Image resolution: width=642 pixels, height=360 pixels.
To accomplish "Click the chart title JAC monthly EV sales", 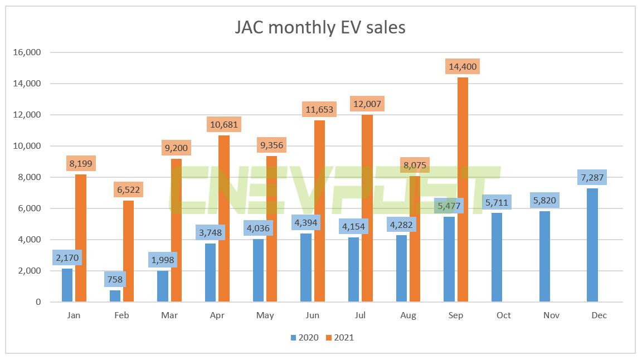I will [x=320, y=27].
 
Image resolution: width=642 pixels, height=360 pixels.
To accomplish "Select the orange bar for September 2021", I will [x=463, y=189].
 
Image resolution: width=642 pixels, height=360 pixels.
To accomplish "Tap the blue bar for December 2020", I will [x=592, y=245].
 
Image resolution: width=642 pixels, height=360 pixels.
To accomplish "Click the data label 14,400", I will [x=463, y=67].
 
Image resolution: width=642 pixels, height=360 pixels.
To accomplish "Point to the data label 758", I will [x=115, y=280].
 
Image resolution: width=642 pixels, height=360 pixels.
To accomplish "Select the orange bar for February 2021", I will [x=128, y=251].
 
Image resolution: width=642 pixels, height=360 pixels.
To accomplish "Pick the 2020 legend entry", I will [x=304, y=337].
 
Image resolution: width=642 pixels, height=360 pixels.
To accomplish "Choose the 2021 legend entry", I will [x=339, y=337].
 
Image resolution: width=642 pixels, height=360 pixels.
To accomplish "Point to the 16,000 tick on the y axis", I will [x=26, y=52].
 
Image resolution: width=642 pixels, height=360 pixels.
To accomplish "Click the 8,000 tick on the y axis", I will [x=28, y=177].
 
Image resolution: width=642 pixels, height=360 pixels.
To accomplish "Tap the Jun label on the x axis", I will [x=313, y=315].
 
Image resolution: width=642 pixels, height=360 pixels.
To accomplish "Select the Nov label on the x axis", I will [x=551, y=315].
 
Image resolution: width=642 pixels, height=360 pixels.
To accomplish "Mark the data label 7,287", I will [x=592, y=178].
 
